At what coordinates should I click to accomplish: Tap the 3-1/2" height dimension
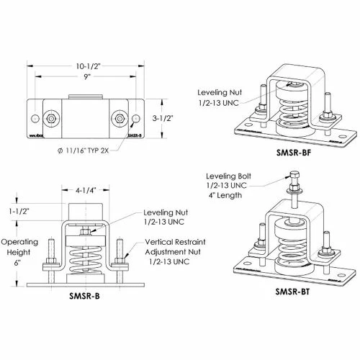click(160, 117)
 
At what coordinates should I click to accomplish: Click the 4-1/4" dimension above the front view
click(85, 193)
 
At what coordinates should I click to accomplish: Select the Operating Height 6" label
click(18, 252)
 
